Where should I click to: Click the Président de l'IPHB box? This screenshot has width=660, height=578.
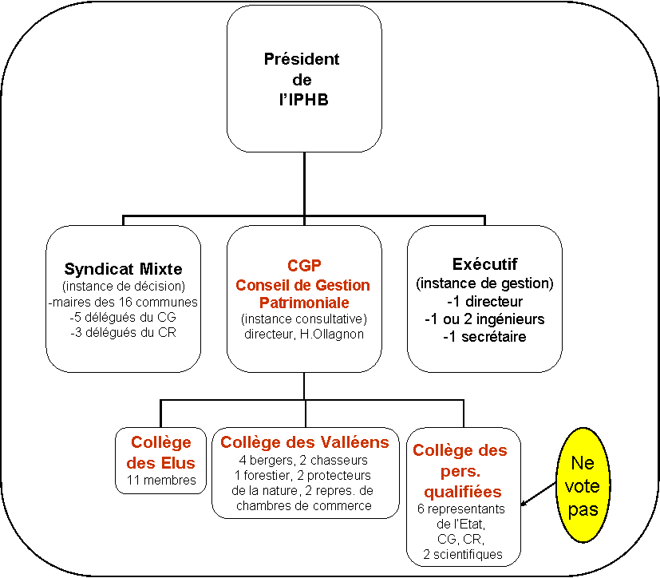coord(304,79)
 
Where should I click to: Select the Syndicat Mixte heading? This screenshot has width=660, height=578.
coord(124,268)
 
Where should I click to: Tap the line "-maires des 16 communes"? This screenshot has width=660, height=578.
coord(123,302)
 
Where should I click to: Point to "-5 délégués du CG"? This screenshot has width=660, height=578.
coord(123,317)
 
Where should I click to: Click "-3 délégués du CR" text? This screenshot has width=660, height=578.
coord(123,332)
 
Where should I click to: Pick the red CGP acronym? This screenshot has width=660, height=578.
coord(304,266)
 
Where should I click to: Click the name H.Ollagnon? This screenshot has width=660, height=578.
coord(332,334)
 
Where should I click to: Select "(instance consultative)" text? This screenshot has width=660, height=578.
coord(304,319)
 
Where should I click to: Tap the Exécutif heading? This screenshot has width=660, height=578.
coord(484,264)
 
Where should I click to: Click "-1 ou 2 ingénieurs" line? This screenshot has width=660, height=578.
coord(484,319)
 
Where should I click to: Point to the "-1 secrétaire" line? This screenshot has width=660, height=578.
coord(484,336)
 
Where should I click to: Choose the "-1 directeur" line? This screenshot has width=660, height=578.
coord(484,301)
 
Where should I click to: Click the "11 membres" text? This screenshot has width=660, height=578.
coord(161,480)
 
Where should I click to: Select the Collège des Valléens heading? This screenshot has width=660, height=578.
coord(305,442)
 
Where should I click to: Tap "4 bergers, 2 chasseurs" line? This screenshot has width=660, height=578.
coord(303,460)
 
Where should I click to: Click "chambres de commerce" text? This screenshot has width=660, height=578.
coord(303,505)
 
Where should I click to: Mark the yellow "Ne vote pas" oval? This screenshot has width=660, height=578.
coord(583,485)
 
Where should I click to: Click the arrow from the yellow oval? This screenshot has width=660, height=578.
coord(539,494)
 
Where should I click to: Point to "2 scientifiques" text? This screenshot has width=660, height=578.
coord(463,554)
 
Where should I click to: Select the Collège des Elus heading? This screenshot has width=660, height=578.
coord(160,453)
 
